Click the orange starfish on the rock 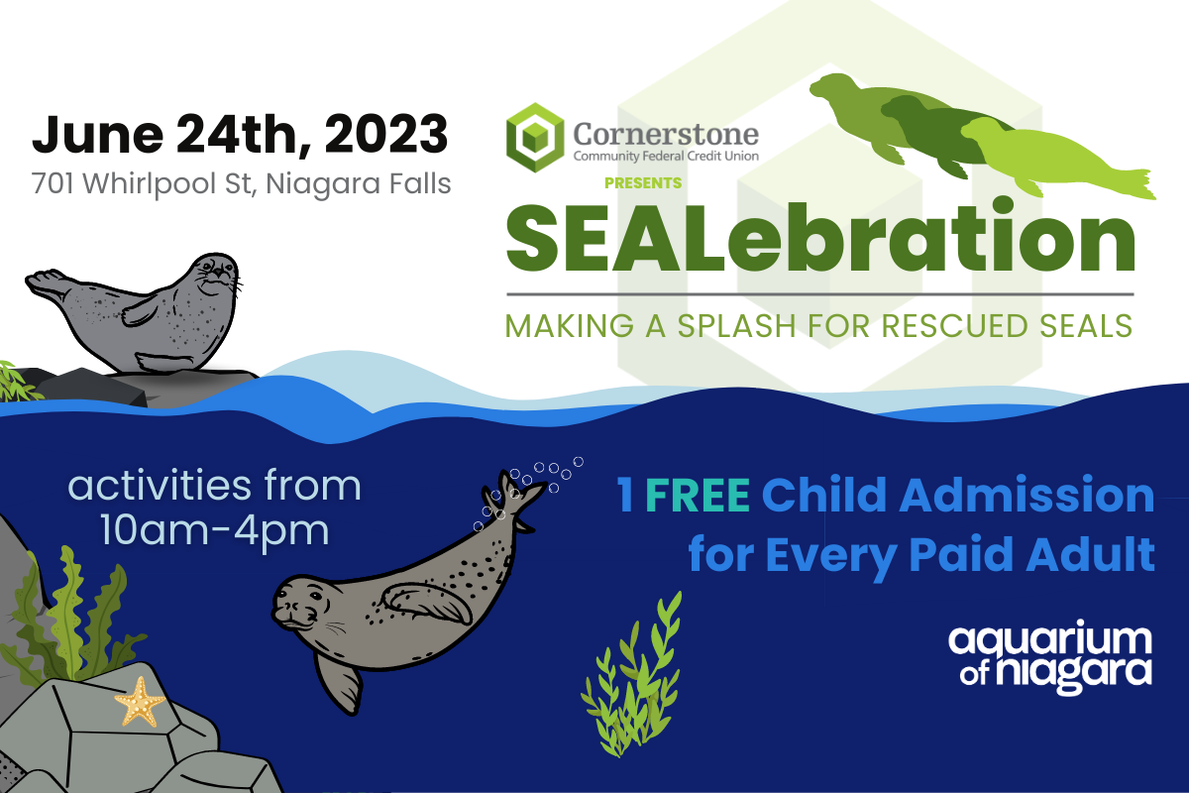[x=140, y=701]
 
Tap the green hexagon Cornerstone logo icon [x=535, y=138]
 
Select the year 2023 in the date [x=386, y=135]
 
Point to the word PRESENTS [x=643, y=183]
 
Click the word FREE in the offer [x=698, y=495]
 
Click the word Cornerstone [x=666, y=134]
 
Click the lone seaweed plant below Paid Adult [x=633, y=676]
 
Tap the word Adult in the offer [x=1090, y=554]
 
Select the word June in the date [x=98, y=135]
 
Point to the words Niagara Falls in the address [x=359, y=184]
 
